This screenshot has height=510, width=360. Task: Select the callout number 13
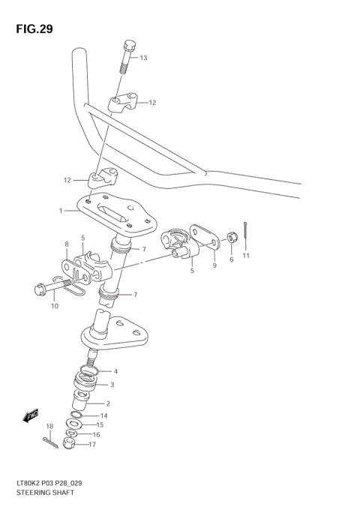[x=143, y=58]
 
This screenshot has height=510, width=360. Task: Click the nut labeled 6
[x=232, y=237]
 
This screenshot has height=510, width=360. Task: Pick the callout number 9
[x=214, y=264]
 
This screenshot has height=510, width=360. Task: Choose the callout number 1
[x=61, y=211]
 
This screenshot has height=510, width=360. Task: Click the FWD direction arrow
[x=32, y=415]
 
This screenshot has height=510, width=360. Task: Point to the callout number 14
[x=104, y=415]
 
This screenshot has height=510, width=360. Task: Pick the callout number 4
[x=115, y=370]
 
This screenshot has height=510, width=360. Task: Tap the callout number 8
[x=67, y=244]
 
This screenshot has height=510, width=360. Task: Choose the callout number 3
[x=112, y=385]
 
